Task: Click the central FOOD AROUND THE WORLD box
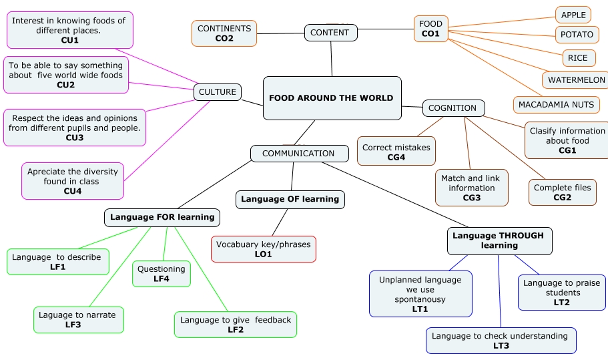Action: point(332,98)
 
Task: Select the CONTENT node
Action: point(331,33)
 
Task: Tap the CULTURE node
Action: point(218,92)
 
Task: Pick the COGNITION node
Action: point(453,108)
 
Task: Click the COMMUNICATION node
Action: point(300,154)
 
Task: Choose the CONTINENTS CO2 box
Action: point(224,33)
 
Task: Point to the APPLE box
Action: point(573,15)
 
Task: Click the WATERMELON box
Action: point(576,80)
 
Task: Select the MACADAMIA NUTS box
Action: point(557,105)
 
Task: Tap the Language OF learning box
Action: point(290,200)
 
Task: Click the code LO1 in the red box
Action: point(263,254)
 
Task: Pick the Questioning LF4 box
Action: point(162,274)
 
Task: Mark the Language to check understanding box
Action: point(501,341)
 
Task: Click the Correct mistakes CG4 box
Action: point(396,151)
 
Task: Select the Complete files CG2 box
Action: point(562,192)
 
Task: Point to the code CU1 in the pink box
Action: point(70,40)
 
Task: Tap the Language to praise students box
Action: point(562,293)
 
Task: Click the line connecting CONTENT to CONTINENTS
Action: point(280,33)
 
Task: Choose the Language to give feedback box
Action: point(236,325)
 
